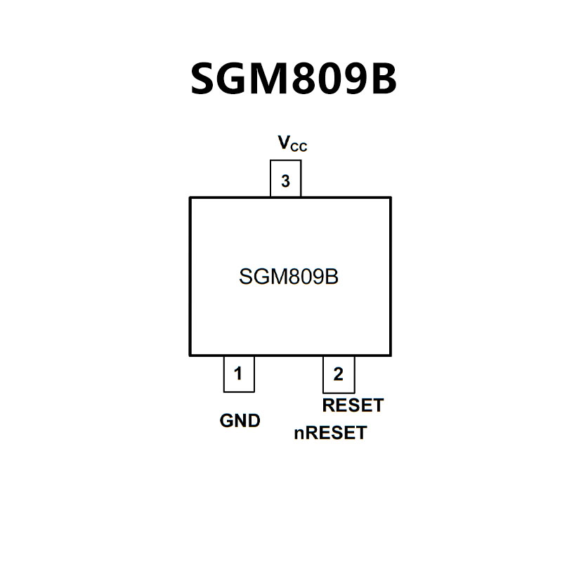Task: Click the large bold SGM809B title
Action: (294, 79)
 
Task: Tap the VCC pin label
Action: (292, 144)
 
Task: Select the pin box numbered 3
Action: (285, 181)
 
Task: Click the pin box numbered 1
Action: (238, 374)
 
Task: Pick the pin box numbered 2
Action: (338, 374)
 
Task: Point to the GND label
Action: (240, 421)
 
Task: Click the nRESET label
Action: (330, 433)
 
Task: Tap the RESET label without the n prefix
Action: (353, 405)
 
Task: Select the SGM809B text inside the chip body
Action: (289, 277)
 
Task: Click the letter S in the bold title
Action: (204, 79)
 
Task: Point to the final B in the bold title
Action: (382, 79)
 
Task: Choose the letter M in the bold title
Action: (268, 79)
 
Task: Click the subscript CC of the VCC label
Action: (300, 148)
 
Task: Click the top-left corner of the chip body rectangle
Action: (190, 198)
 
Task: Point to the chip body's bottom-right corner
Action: (390, 355)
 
